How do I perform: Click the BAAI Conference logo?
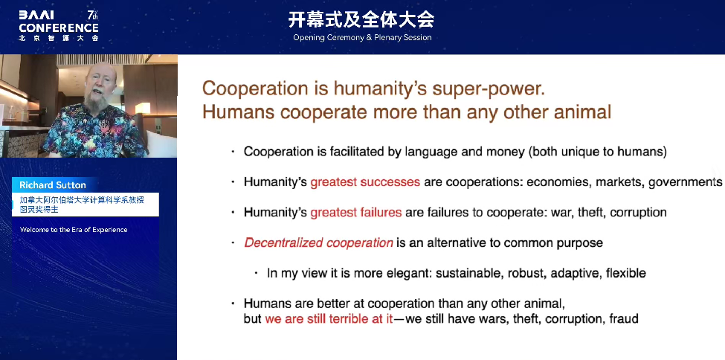pos(59,26)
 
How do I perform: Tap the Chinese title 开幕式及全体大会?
pos(361,20)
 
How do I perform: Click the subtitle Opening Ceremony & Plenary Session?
pos(362,37)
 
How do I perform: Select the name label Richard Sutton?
pos(53,185)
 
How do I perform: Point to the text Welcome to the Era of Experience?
pos(74,230)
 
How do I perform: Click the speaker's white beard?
pos(97,103)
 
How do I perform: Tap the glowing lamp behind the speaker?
pos(143,107)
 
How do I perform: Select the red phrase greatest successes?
pos(365,182)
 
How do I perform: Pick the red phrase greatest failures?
pos(355,213)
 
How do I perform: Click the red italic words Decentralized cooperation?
pos(318,242)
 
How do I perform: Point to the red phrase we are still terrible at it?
pos(329,319)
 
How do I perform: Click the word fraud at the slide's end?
pos(624,319)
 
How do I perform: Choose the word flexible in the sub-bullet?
pos(625,273)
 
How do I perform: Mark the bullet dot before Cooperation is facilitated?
pos(233,152)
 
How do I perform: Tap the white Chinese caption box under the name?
pos(85,205)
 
